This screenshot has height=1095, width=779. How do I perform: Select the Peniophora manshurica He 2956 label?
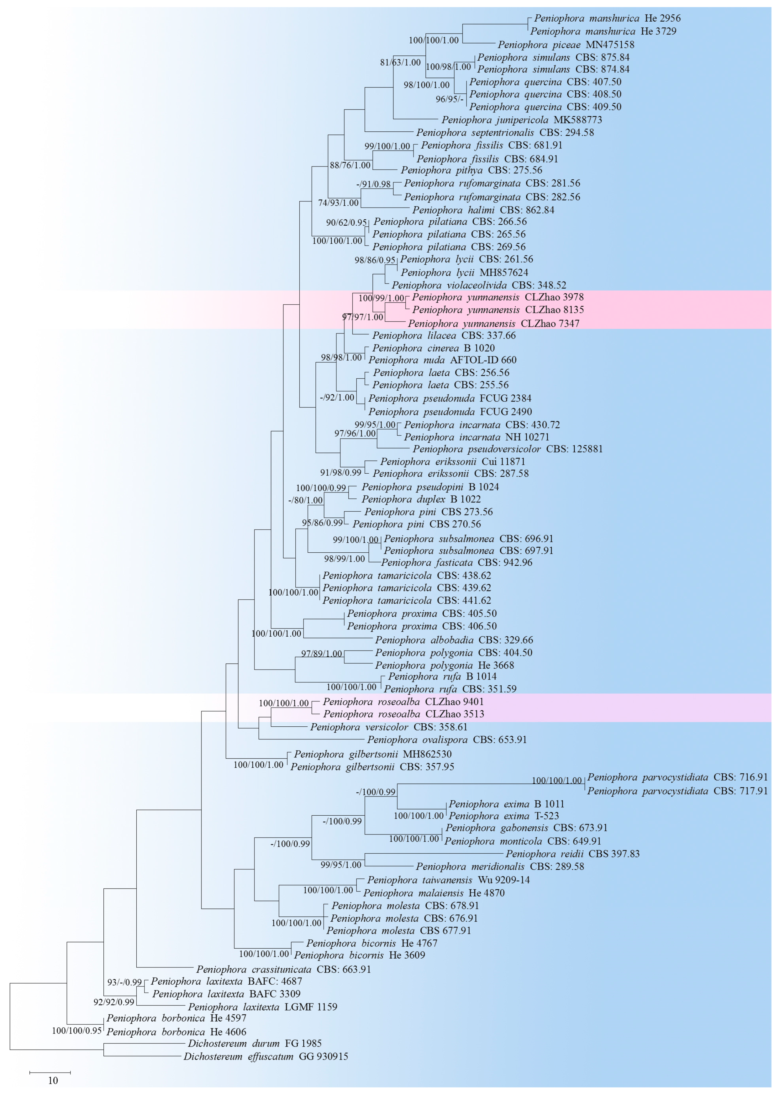pyautogui.click(x=607, y=19)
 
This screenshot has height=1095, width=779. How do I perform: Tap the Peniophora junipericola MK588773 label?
pyautogui.click(x=522, y=120)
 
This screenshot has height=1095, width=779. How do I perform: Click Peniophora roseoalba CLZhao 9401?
pyautogui.click(x=403, y=702)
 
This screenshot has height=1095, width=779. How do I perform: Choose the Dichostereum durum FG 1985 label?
pyautogui.click(x=254, y=1043)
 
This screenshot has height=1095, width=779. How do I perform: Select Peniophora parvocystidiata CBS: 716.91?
pyautogui.click(x=677, y=777)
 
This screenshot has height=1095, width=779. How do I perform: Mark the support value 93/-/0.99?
pyautogui.click(x=124, y=982)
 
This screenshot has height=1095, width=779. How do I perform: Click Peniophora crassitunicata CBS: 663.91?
pyautogui.click(x=283, y=969)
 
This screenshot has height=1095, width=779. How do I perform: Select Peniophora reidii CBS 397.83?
pyautogui.click(x=572, y=854)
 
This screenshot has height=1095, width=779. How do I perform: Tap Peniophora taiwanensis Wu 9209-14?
pyautogui.click(x=448, y=880)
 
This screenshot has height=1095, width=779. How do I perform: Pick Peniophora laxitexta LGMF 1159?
pyautogui.click(x=262, y=1007)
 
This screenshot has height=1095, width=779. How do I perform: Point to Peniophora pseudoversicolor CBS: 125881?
pyautogui.click(x=507, y=450)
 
